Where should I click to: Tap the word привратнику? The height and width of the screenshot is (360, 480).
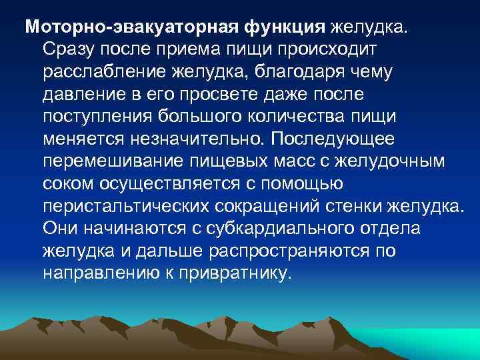234,274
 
